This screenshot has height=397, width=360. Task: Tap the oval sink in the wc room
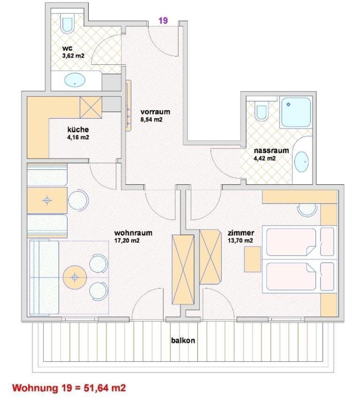[75, 80]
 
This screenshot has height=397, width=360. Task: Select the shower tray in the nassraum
[295, 112]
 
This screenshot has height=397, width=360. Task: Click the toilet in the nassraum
[262, 110]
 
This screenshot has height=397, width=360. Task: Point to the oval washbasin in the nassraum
[301, 162]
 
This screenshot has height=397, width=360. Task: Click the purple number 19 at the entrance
[163, 20]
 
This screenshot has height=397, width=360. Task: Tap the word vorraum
[155, 112]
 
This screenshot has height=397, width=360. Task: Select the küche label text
[78, 130]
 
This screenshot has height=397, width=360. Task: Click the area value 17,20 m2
[127, 241]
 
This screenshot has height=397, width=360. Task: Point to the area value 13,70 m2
[240, 241]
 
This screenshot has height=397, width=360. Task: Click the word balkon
[183, 340]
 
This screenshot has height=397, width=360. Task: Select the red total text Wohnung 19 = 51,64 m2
[69, 388]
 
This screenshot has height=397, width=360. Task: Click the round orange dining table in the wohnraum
[75, 277]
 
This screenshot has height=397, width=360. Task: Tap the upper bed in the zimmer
[291, 242]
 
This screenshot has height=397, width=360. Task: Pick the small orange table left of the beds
[253, 259]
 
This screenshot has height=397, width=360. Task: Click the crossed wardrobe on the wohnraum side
[183, 270]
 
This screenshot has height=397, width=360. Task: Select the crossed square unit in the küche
[91, 107]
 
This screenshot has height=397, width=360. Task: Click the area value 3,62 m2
[73, 56]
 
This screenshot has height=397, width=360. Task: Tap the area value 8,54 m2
[151, 120]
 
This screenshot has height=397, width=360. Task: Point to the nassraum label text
[271, 150]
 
